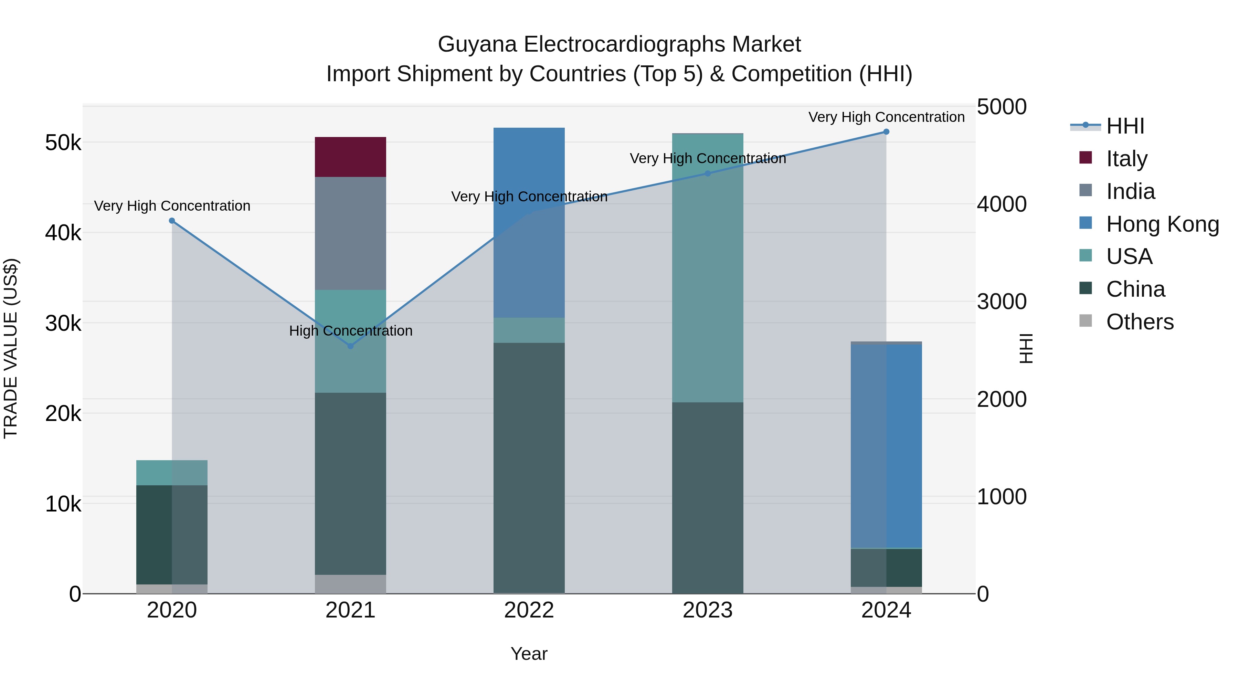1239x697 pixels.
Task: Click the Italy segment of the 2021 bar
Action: click(350, 157)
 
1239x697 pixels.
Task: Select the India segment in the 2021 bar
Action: click(350, 233)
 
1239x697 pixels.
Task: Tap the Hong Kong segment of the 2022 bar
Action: click(529, 222)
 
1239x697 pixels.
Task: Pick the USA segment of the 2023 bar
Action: click(708, 267)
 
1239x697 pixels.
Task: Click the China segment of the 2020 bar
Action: click(172, 535)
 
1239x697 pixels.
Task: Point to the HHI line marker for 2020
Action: click(172, 221)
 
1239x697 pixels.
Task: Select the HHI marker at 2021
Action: click(350, 346)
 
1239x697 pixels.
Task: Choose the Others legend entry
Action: click(1140, 322)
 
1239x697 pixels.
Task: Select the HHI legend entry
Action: click(1125, 126)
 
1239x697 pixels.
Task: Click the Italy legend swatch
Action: click(1086, 158)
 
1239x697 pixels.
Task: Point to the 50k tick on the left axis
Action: click(63, 143)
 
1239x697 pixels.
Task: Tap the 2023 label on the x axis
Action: click(708, 610)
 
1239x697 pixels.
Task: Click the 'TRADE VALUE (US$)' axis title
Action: click(11, 348)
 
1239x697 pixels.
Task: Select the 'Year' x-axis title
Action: click(529, 654)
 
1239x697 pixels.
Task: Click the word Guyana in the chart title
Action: click(477, 44)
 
